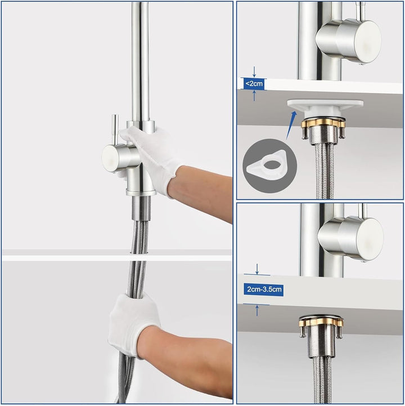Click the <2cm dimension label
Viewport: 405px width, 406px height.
254,83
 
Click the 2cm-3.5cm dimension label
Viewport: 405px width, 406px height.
264,290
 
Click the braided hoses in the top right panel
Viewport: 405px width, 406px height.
322,169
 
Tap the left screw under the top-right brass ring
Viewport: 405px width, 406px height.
304,133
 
